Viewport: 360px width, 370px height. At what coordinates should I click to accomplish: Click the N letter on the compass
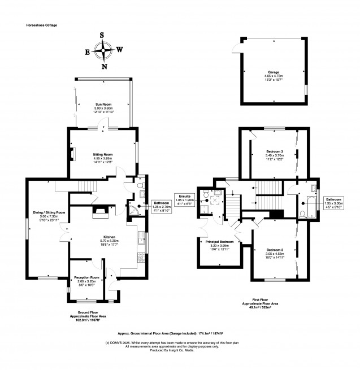pyautogui.click(x=104, y=66)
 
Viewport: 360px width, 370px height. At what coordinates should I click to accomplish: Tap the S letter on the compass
pyautogui.click(x=102, y=34)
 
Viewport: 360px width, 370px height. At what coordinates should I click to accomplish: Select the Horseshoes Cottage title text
pyautogui.click(x=42, y=25)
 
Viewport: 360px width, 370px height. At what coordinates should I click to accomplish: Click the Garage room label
pyautogui.click(x=274, y=73)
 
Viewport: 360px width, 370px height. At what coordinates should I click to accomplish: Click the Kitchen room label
pyautogui.click(x=109, y=237)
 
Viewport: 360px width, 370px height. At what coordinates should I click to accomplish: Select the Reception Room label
pyautogui.click(x=86, y=278)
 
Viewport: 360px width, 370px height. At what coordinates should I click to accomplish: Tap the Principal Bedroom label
pyautogui.click(x=218, y=242)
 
